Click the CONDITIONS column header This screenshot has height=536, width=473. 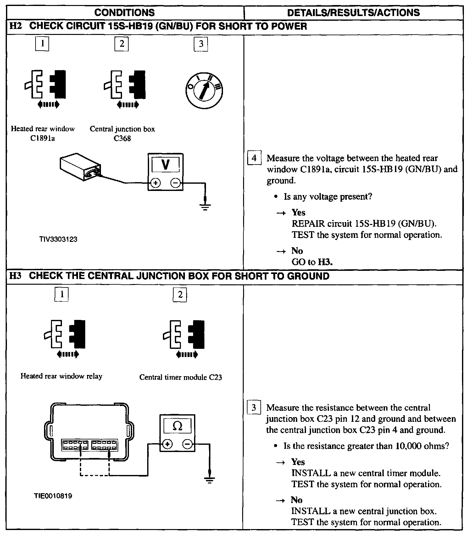coord(125,13)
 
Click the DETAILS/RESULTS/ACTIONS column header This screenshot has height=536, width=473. coord(353,13)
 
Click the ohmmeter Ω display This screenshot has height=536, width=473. coord(177,426)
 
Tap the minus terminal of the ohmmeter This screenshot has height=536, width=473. coord(187,444)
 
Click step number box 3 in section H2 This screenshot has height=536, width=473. coord(201,44)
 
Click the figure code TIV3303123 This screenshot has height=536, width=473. coord(58,239)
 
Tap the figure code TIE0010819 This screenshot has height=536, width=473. coord(53,496)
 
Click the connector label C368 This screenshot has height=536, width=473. coord(122,139)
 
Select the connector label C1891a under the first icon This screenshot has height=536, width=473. coord(43,139)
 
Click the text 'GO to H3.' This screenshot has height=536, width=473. coord(312,262)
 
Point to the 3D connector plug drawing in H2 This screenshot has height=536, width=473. coord(81,166)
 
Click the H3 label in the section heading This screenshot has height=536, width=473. coord(15,276)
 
